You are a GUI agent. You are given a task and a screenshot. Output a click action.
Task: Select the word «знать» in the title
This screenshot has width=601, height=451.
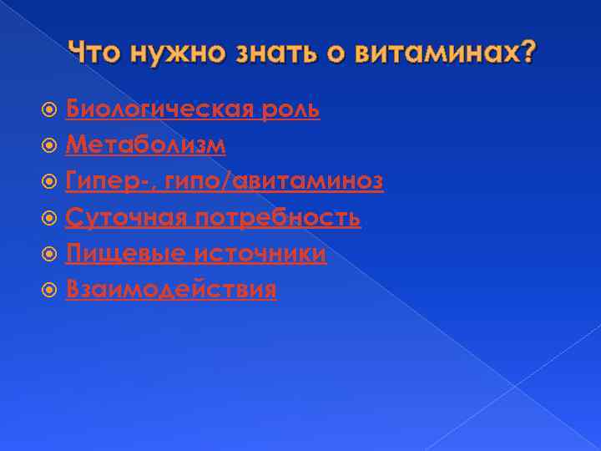tap(269, 53)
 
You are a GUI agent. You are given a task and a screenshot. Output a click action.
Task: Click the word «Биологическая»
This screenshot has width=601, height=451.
tap(162, 109)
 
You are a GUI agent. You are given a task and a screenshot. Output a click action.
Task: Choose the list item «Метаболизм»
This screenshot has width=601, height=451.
tap(145, 145)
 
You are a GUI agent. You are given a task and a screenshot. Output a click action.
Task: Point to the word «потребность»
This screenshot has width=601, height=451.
tap(278, 218)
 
